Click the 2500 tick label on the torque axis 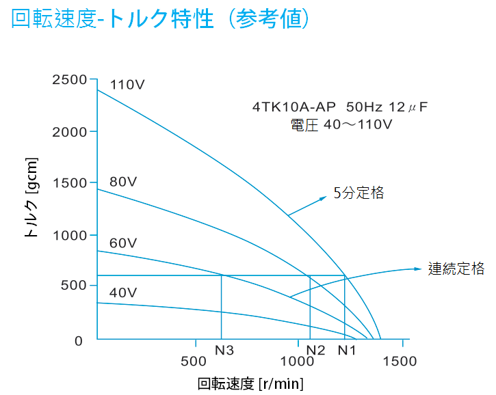point(70,80)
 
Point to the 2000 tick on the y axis point(70,131)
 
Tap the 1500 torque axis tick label point(70,183)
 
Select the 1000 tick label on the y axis point(70,235)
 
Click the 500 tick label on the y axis point(74,286)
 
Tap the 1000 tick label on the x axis point(297,361)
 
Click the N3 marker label point(224,351)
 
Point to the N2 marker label point(315,351)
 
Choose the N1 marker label point(347,351)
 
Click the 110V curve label point(127,86)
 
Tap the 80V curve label point(124,182)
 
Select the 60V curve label point(124,243)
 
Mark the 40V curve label point(124,293)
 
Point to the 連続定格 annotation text point(456,269)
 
